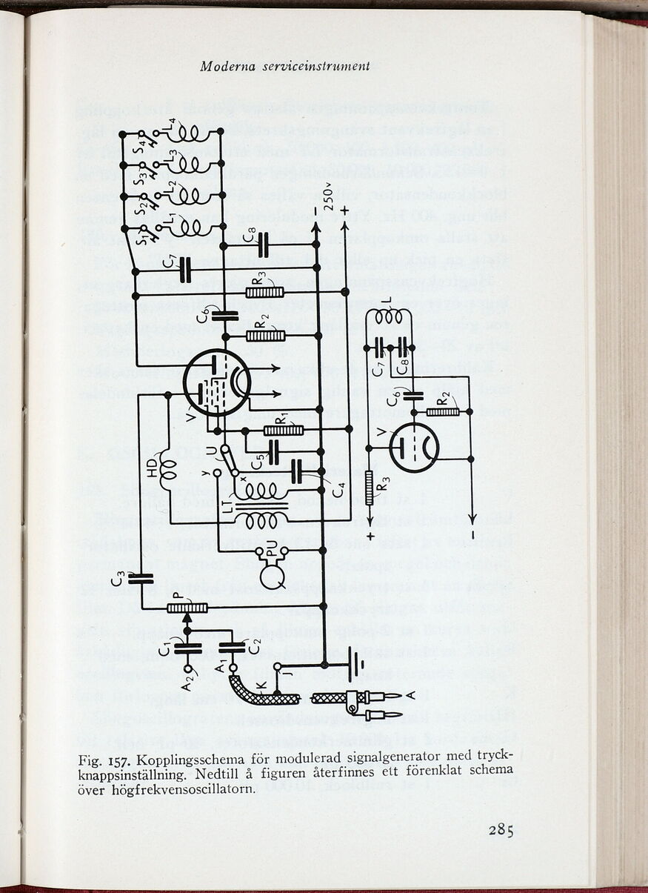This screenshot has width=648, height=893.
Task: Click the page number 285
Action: pyautogui.click(x=501, y=829)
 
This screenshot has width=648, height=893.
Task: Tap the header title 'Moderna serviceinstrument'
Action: pyautogui.click(x=284, y=66)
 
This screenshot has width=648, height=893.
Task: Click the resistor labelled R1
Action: pyautogui.click(x=284, y=430)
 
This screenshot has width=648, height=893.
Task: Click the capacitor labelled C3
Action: pyautogui.click(x=140, y=578)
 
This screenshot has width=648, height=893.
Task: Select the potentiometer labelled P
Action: pyautogui.click(x=187, y=608)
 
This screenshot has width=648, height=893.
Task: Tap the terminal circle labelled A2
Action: pyautogui.click(x=187, y=668)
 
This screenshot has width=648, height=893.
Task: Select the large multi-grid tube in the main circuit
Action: pyautogui.click(x=216, y=382)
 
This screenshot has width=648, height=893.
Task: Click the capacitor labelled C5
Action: pyautogui.click(x=273, y=453)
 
